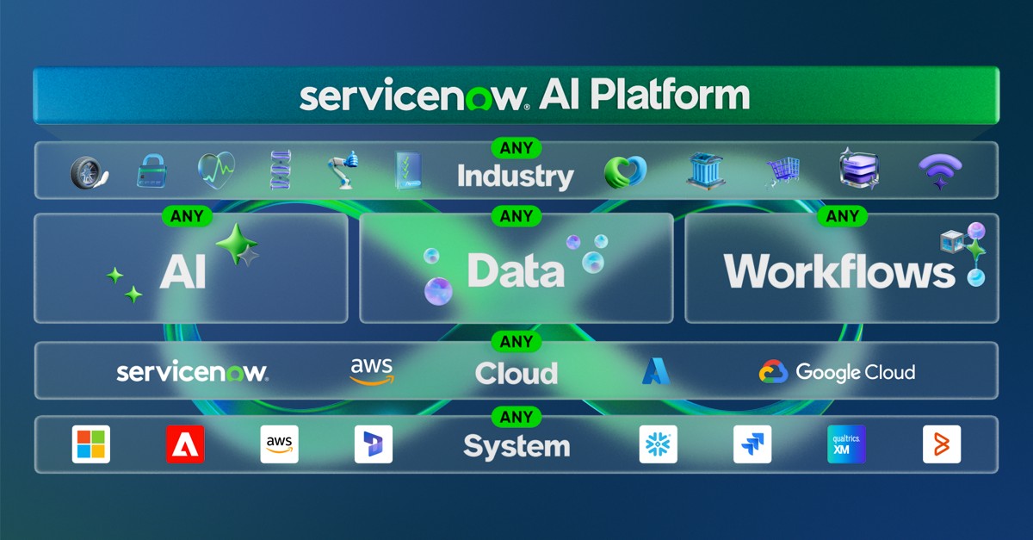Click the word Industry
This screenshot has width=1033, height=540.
(x=515, y=177)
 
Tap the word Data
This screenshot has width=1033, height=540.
(x=516, y=270)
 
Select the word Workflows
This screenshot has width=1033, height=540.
(x=839, y=270)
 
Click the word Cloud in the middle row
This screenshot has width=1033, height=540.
(x=516, y=373)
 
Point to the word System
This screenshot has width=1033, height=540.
(x=516, y=446)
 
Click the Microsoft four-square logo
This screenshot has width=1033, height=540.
(x=91, y=444)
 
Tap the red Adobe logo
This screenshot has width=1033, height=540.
(x=185, y=444)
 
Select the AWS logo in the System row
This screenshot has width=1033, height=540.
(x=279, y=444)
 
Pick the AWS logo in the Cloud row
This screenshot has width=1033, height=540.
(x=371, y=370)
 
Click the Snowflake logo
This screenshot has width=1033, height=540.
(x=659, y=444)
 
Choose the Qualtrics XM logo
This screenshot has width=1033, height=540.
(x=846, y=444)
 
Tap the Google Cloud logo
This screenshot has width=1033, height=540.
(x=837, y=372)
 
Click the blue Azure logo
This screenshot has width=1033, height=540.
(x=655, y=371)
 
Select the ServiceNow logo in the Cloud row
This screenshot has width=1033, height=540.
(x=192, y=372)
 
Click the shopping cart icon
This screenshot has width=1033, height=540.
(x=782, y=171)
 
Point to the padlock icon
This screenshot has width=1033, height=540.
(x=151, y=171)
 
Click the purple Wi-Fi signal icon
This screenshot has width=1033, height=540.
(x=940, y=171)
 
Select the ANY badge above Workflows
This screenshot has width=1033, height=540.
(x=841, y=217)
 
